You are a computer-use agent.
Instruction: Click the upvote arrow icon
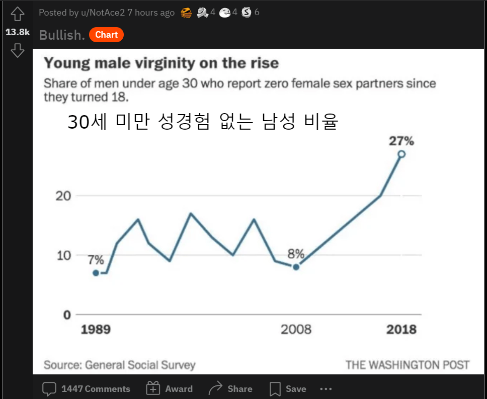[x=18, y=14]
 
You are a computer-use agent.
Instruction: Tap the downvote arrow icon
[x=18, y=50]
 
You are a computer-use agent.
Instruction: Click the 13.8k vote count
[x=18, y=32]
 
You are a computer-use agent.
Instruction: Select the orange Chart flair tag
[x=106, y=35]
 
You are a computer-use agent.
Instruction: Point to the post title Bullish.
[x=62, y=35]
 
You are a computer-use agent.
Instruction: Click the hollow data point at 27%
[x=401, y=154]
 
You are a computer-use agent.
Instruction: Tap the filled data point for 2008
[x=296, y=267]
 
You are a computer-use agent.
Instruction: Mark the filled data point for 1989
[x=96, y=273]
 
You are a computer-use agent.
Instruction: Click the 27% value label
[x=401, y=141]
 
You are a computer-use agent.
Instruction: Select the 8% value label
[x=296, y=254]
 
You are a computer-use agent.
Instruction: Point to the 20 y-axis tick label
[x=63, y=195]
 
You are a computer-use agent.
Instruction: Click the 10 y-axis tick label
[x=63, y=255]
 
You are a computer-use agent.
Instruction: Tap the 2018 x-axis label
[x=401, y=330]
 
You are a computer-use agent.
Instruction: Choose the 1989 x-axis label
[x=96, y=330]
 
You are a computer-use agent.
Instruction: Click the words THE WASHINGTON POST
[x=407, y=365]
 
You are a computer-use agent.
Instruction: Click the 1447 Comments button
[x=86, y=389]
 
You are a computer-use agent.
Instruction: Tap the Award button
[x=169, y=389]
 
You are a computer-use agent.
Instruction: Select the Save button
[x=288, y=389]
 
